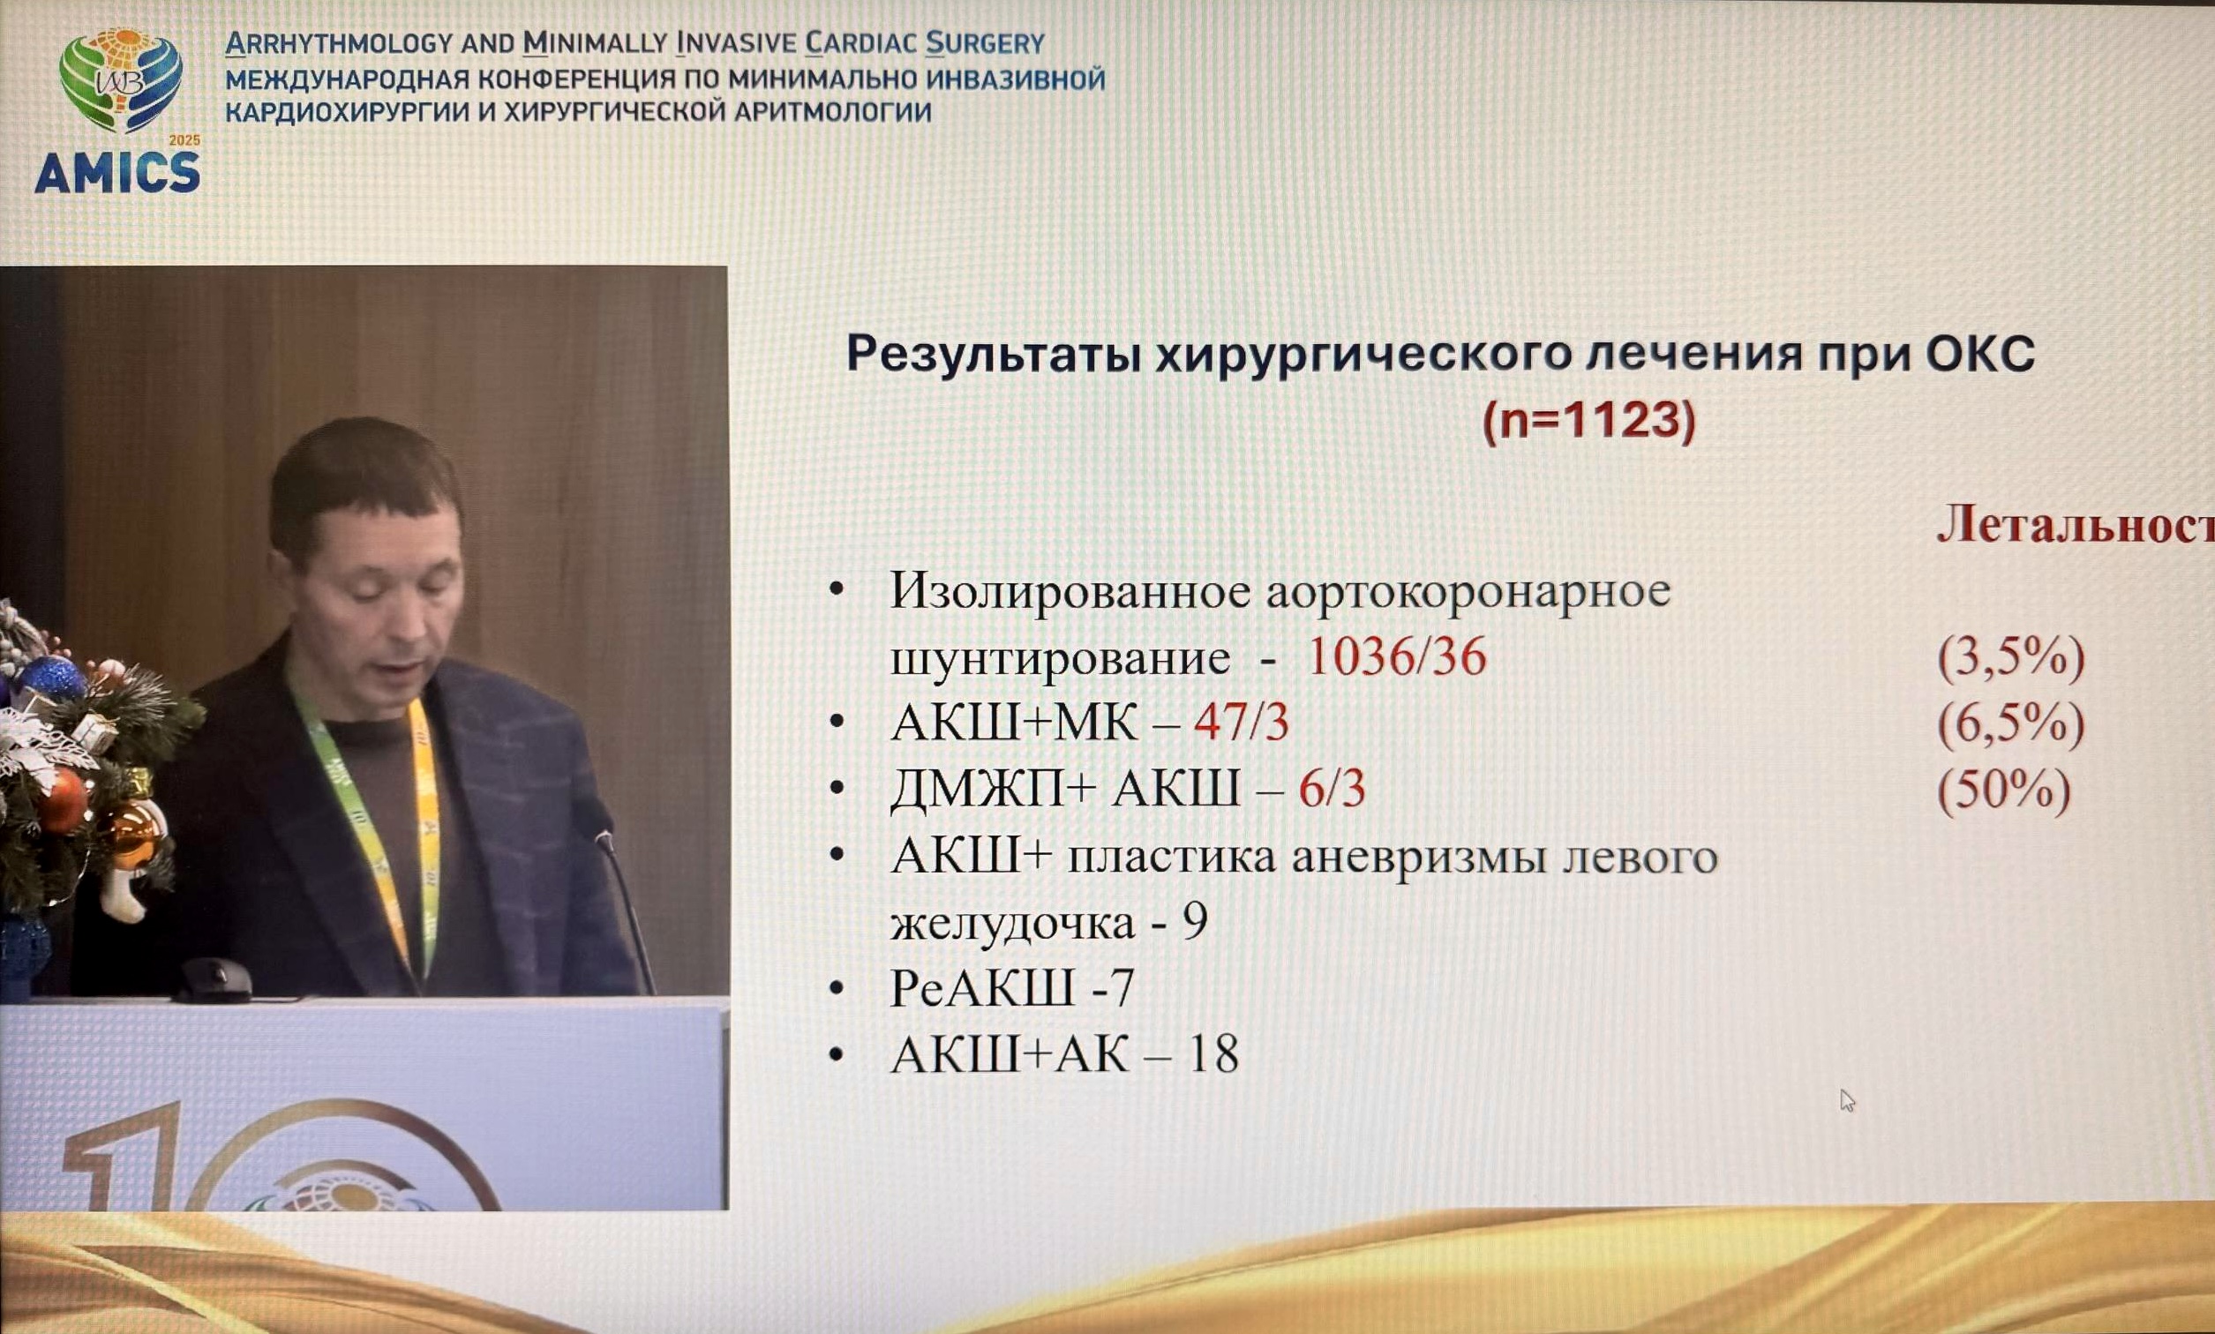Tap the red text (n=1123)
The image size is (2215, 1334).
(x=1588, y=420)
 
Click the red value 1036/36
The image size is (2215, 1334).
(x=1396, y=656)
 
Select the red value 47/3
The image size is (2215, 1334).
(x=1242, y=723)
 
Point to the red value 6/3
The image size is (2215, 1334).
(x=1333, y=790)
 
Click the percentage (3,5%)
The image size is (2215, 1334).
(x=2010, y=658)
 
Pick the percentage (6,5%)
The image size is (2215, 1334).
(x=2010, y=724)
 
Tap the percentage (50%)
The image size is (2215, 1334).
(x=2004, y=791)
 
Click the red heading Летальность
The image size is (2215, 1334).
(x=2076, y=523)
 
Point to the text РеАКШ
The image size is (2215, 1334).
(x=982, y=988)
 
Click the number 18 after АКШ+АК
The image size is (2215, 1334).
(x=1213, y=1053)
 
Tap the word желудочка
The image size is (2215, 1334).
(x=1012, y=924)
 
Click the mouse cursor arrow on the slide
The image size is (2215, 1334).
(x=1846, y=1100)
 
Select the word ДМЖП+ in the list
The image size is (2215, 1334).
(x=994, y=791)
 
